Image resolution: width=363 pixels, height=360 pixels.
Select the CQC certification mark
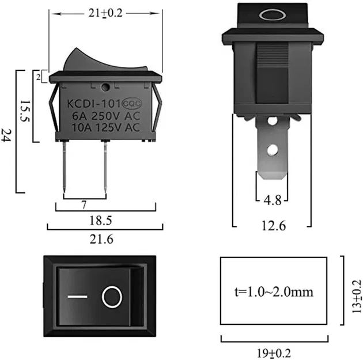pos(128,104)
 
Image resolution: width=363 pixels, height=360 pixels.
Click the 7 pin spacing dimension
pos(84,204)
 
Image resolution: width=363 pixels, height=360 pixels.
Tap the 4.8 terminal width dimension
pos(272,202)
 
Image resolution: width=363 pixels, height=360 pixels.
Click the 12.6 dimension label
pos(273,226)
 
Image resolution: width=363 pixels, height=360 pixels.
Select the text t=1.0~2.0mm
pos(275,291)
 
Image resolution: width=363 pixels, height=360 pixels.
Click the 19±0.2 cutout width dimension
pos(275,351)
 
